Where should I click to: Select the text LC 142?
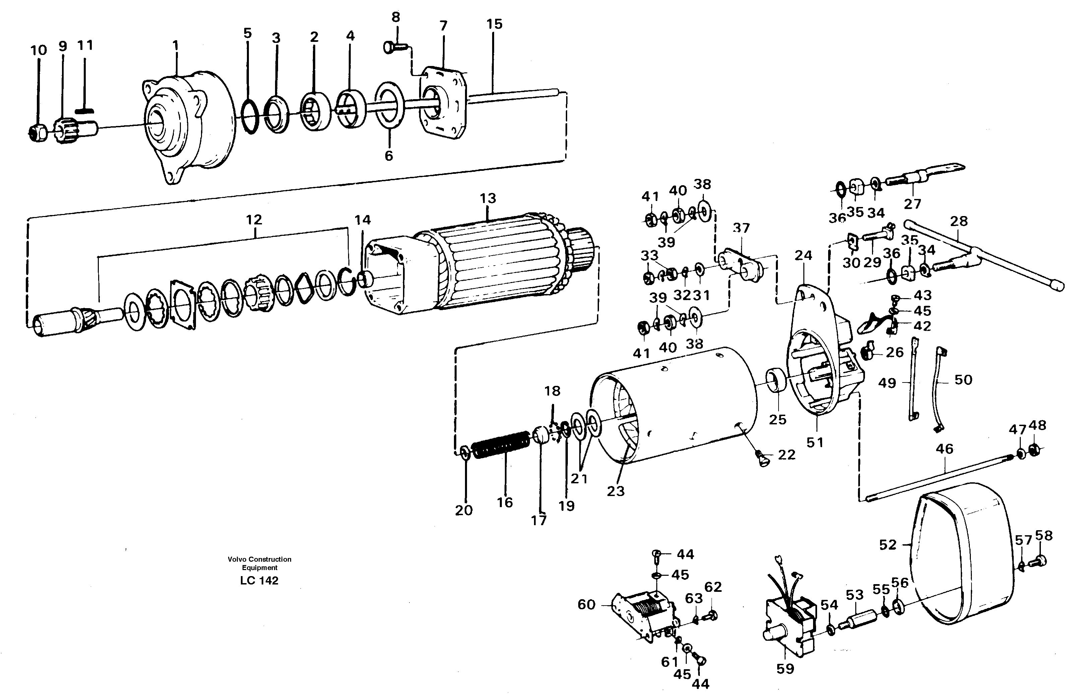pyautogui.click(x=259, y=580)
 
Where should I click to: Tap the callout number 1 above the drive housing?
pyautogui.click(x=176, y=45)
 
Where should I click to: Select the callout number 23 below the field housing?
pyautogui.click(x=615, y=491)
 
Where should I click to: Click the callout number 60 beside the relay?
pyautogui.click(x=586, y=605)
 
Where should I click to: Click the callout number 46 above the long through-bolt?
pyautogui.click(x=945, y=448)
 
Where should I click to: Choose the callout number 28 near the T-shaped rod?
pyautogui.click(x=959, y=221)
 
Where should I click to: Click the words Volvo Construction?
pyautogui.click(x=259, y=559)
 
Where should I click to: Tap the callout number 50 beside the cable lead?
pyautogui.click(x=963, y=380)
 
